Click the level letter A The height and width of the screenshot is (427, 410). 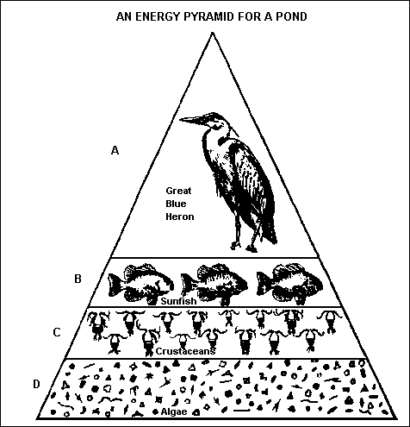[115, 150]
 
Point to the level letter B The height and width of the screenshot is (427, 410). [78, 279]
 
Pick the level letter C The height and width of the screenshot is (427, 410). [57, 332]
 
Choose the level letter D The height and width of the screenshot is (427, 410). [36, 384]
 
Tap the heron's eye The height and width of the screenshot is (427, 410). [213, 121]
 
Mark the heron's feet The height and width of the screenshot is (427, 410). [244, 247]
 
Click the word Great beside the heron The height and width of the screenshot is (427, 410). [178, 191]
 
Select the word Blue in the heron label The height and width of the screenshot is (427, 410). [176, 204]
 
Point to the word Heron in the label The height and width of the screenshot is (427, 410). [180, 217]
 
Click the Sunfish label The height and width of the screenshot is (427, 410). [178, 301]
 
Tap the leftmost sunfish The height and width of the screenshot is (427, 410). [140, 284]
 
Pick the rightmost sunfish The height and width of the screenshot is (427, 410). [290, 284]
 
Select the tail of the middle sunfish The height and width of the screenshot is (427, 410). [188, 285]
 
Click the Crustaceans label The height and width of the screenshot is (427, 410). [185, 351]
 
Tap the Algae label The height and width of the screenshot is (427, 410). [174, 411]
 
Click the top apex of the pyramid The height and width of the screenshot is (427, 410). [212, 33]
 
